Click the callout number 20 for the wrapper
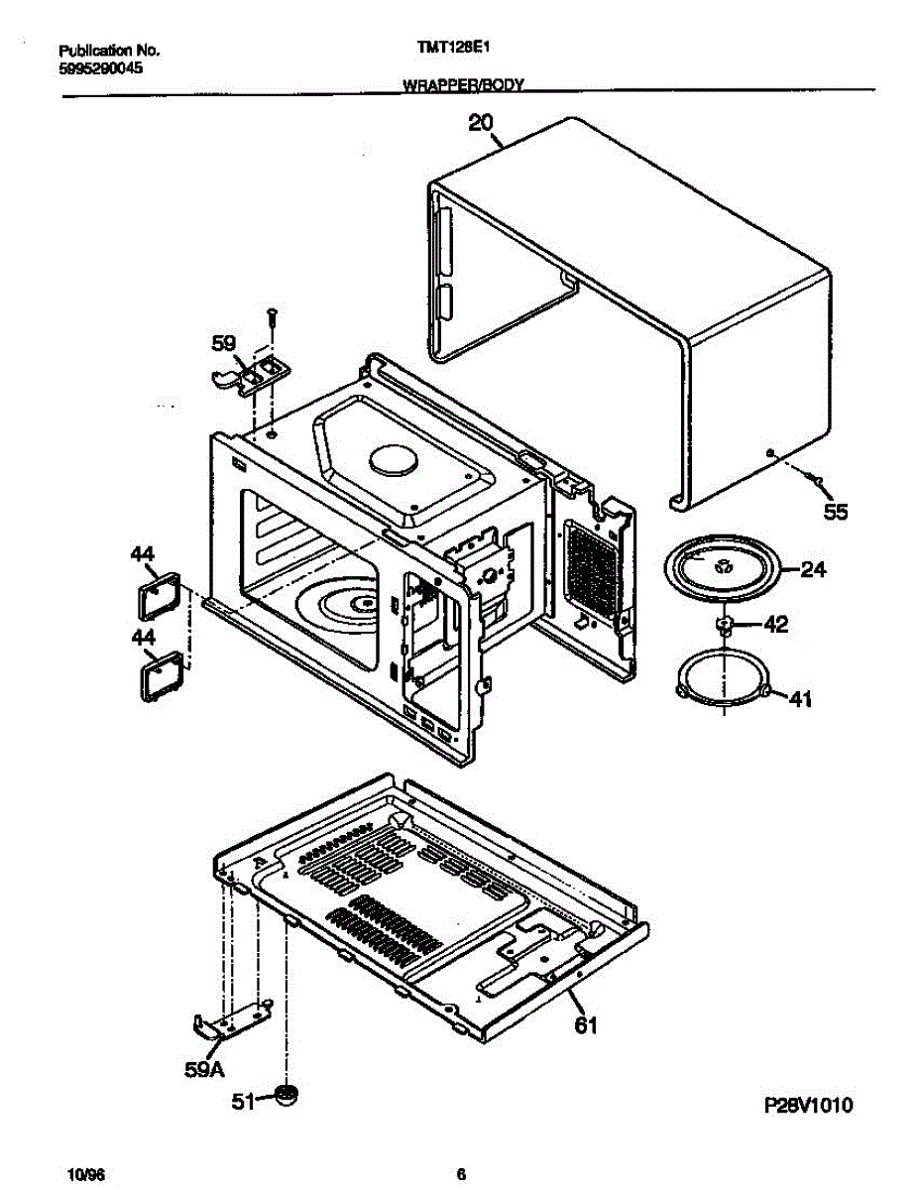(481, 123)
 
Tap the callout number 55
(837, 512)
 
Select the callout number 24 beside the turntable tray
(813, 570)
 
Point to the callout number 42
(775, 625)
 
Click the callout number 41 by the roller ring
(799, 700)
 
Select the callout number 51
(243, 1099)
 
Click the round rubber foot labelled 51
(287, 1096)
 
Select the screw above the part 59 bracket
(272, 317)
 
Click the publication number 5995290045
(101, 68)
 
